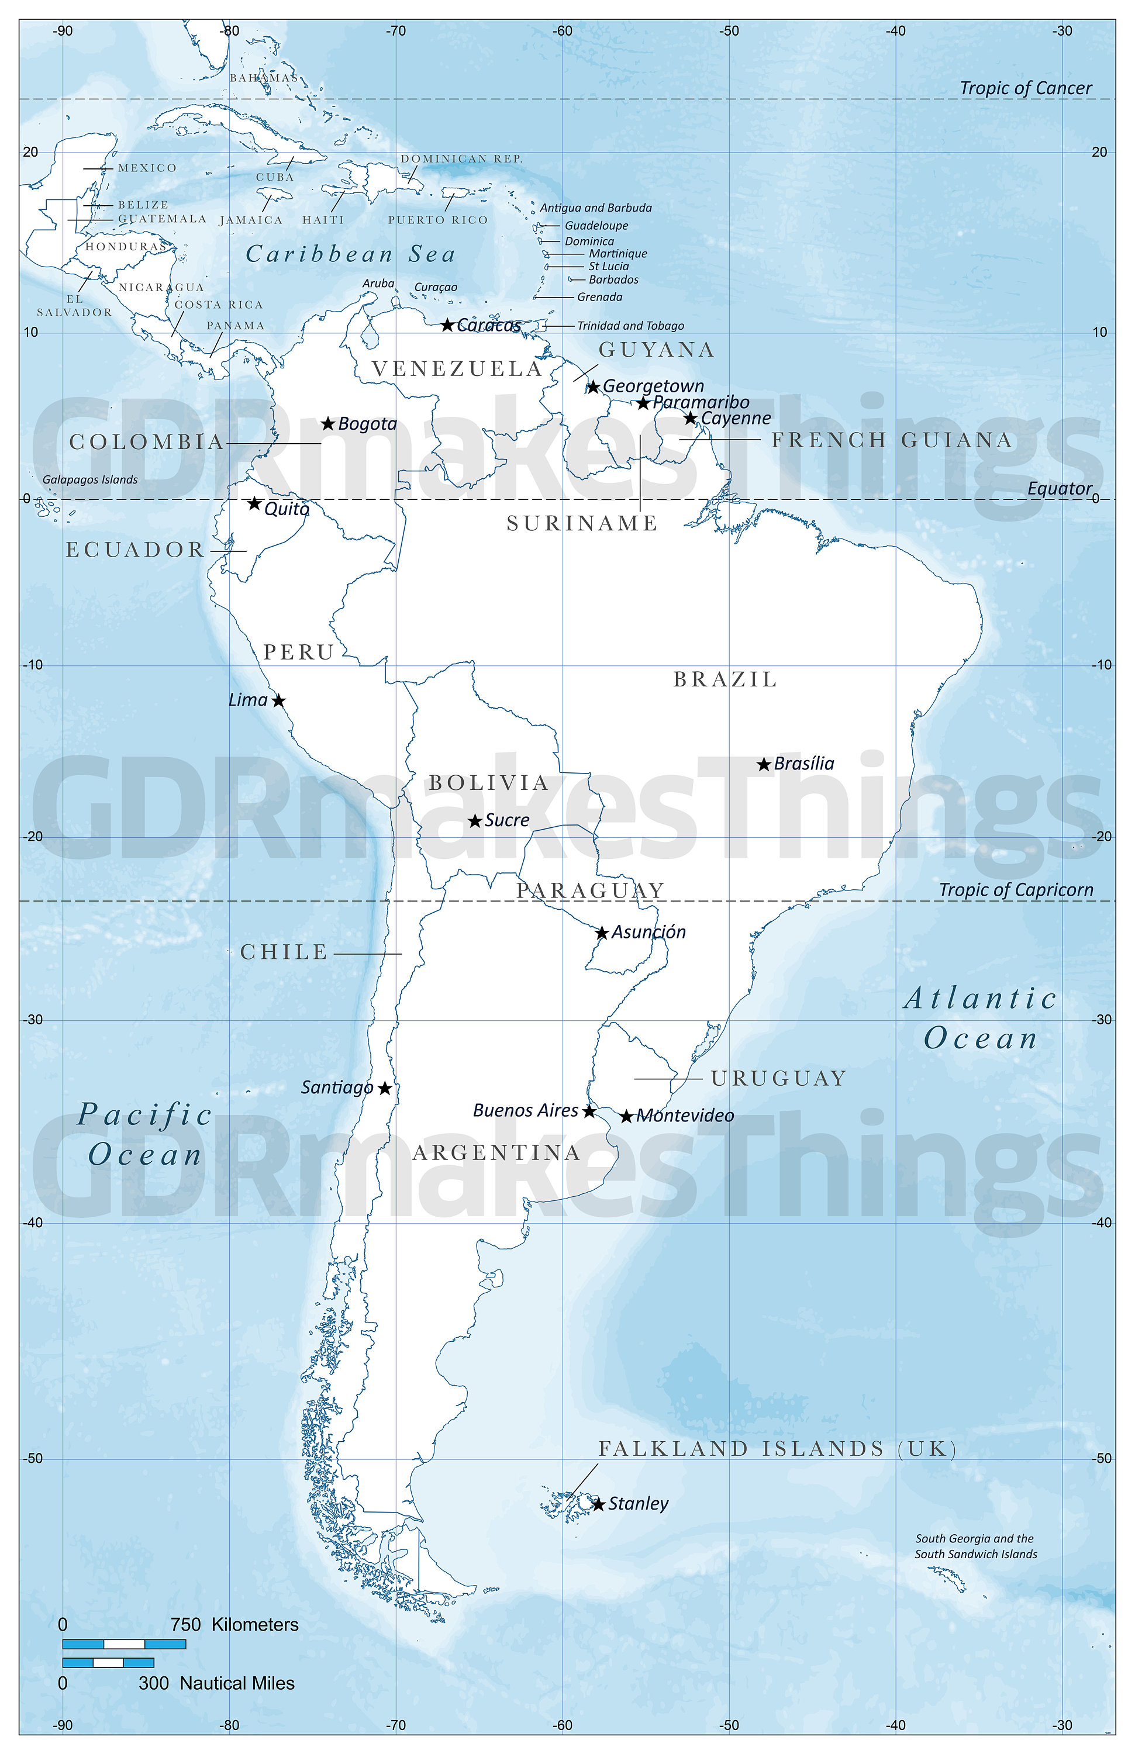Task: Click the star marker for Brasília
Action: point(764,764)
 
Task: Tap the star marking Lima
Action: point(278,700)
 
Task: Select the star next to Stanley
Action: point(598,1504)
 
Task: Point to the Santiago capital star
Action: point(385,1088)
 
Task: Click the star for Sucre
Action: point(475,820)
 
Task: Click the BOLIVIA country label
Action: point(489,783)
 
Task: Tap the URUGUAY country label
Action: point(778,1078)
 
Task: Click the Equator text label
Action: point(1059,489)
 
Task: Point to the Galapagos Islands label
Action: point(90,480)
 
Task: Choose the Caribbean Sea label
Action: point(350,254)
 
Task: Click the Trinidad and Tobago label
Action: point(630,326)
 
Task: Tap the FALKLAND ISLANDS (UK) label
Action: point(777,1449)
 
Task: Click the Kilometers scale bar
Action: point(124,1644)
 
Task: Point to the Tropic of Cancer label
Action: point(1025,88)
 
